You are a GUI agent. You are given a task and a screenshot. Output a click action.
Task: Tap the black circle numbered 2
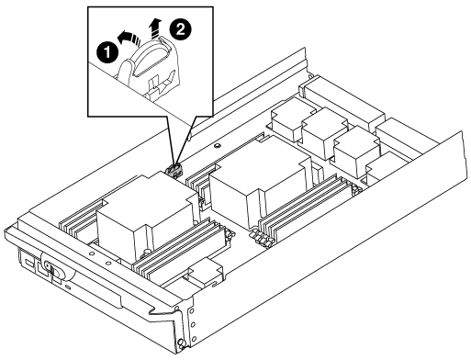181,30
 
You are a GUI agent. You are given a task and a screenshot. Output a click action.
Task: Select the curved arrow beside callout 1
129,39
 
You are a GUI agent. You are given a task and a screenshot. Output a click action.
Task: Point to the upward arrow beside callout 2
155,28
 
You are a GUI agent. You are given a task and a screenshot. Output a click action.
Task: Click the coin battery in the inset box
151,58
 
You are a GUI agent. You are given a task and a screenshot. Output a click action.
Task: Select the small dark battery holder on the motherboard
174,170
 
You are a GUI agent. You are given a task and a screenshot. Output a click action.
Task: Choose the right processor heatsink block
260,181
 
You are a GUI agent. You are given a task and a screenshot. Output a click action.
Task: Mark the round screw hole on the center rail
217,145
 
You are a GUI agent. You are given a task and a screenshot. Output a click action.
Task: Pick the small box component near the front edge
206,271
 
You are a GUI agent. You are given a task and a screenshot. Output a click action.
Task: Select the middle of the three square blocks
324,133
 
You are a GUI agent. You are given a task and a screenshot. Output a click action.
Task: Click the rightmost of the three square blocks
356,152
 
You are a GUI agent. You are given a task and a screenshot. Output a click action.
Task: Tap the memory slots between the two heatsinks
200,184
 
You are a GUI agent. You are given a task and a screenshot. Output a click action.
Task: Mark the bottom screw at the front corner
181,341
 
